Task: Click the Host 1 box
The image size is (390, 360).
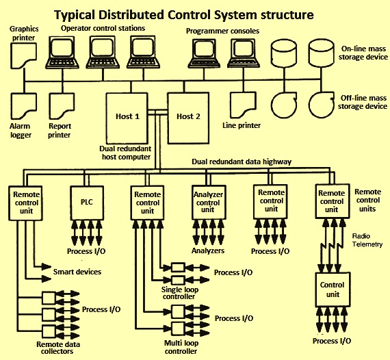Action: click(127, 118)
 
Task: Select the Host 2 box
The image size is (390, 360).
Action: click(188, 118)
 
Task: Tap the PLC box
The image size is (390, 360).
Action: click(87, 203)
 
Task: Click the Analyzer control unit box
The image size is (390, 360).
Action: click(209, 202)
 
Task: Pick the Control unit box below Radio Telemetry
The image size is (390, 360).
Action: click(333, 290)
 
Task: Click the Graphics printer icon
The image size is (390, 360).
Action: click(23, 55)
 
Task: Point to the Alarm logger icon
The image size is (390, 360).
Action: click(24, 106)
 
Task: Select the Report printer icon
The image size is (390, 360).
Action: click(62, 106)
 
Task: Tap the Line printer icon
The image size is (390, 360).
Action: click(243, 105)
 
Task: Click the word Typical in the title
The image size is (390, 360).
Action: click(75, 15)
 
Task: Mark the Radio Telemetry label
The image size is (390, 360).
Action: click(367, 240)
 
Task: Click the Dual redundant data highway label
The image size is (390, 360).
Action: click(242, 162)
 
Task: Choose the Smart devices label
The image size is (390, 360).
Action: click(77, 272)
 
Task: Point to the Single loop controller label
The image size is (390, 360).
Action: click(179, 293)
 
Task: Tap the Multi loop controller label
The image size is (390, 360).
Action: click(181, 347)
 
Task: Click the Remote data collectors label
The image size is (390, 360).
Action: click(58, 348)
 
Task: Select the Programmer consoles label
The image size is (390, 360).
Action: click(222, 31)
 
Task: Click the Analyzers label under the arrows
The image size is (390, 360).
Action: click(208, 250)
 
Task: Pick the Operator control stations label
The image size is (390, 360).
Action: click(103, 28)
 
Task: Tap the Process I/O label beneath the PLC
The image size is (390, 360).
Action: click(86, 251)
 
